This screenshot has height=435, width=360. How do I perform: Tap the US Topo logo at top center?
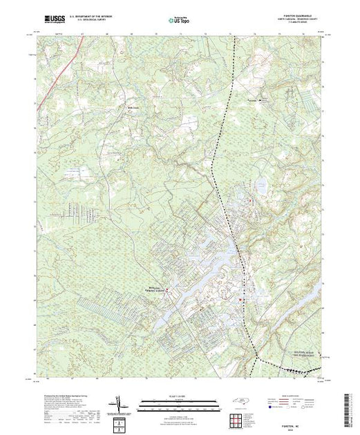179,19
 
